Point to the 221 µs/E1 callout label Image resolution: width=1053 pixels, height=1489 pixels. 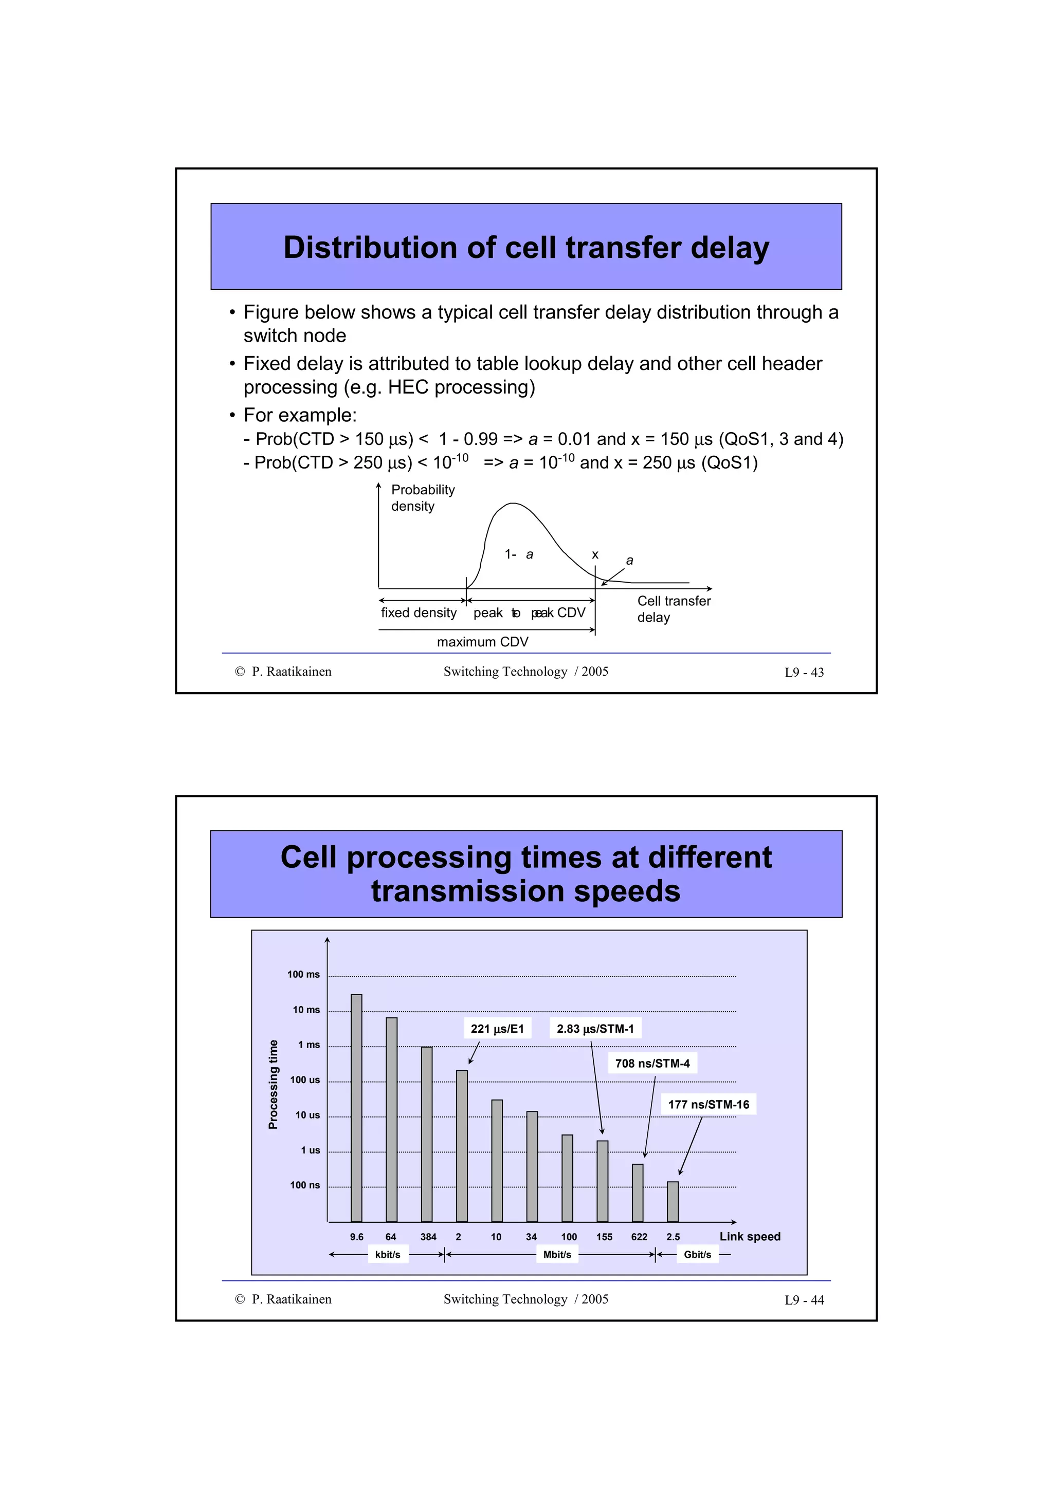click(497, 1029)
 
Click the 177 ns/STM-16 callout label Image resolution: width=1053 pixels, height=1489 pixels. click(709, 1105)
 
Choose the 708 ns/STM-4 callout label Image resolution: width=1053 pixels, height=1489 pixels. click(652, 1064)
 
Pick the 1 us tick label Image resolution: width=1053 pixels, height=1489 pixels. click(310, 1150)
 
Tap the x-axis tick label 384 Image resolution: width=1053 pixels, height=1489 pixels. click(428, 1237)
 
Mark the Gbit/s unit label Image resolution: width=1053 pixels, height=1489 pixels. click(698, 1255)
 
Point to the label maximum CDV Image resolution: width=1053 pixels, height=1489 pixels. click(483, 642)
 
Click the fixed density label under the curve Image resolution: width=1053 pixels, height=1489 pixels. click(419, 613)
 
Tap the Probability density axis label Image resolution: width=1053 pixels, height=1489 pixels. click(422, 497)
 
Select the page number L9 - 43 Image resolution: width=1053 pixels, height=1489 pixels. click(804, 673)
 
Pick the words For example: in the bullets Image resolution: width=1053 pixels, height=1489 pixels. click(300, 415)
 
